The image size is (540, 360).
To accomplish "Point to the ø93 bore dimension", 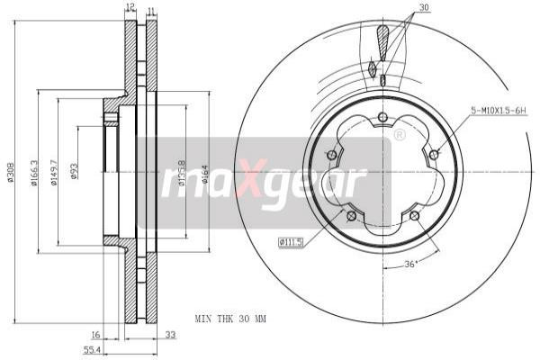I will click(x=75, y=171).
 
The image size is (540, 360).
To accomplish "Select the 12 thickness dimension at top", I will click(x=130, y=7).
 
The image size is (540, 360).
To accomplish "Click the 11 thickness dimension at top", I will click(x=150, y=11).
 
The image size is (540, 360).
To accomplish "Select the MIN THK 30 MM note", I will click(x=231, y=319).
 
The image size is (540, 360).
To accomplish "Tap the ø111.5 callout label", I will click(x=291, y=241).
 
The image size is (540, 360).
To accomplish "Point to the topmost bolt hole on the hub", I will click(x=382, y=117).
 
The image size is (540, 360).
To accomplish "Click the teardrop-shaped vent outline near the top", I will click(x=383, y=40).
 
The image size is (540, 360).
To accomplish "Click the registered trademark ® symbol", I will click(x=400, y=135).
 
